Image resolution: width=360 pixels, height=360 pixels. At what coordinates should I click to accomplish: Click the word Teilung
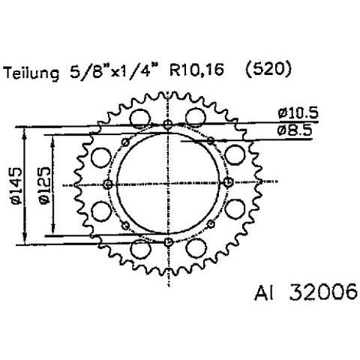32,73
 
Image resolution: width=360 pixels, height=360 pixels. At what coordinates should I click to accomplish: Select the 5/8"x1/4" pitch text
113,71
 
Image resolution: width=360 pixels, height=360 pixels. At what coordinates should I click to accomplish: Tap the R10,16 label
196,70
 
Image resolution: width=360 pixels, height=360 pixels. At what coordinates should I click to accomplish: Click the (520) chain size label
268,70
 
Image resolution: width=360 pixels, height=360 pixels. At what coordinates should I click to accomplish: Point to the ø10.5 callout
298,113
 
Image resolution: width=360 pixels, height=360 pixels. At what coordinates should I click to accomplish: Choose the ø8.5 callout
295,130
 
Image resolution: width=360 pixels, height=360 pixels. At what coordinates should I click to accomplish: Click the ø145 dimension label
16,186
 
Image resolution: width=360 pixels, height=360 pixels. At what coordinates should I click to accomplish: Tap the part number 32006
323,292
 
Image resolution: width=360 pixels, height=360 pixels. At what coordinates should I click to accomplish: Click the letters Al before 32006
264,292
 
